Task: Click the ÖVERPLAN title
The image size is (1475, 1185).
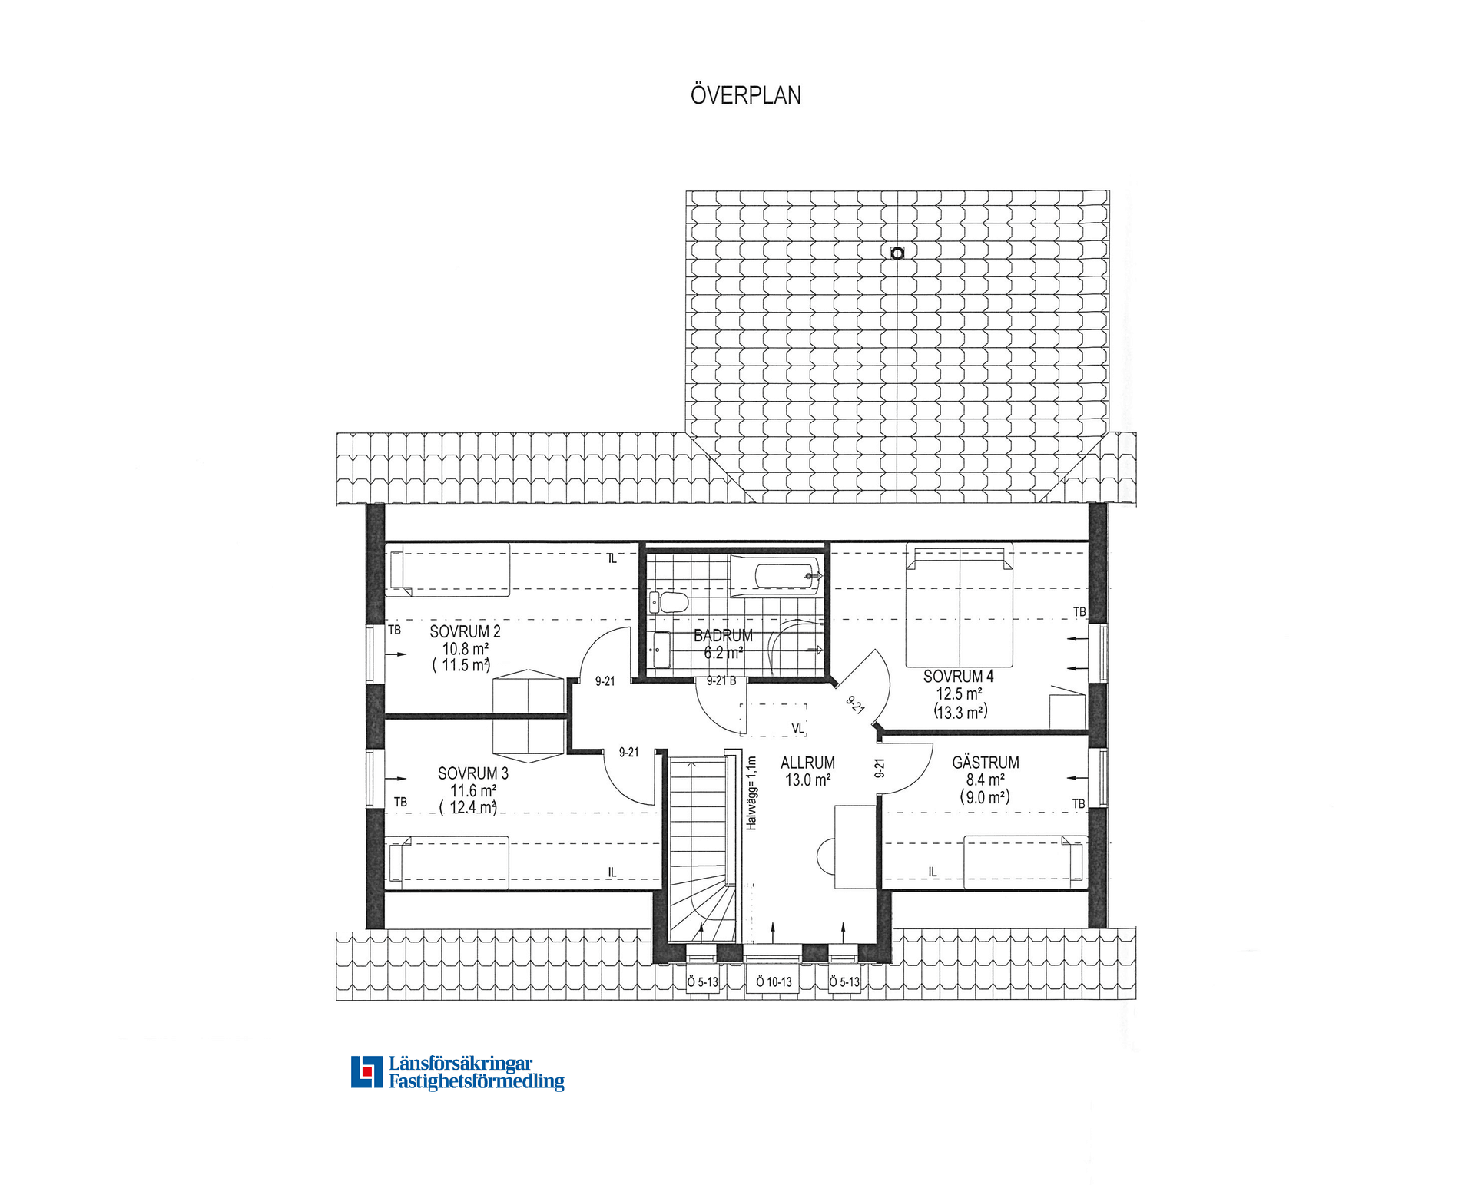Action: click(x=745, y=95)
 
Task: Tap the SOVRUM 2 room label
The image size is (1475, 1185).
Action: click(x=465, y=632)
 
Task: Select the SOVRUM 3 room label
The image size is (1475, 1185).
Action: click(x=473, y=773)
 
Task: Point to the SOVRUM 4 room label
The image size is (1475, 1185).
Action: click(x=958, y=677)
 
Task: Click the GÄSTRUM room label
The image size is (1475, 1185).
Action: click(x=986, y=763)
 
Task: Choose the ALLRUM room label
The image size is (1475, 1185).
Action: click(x=807, y=763)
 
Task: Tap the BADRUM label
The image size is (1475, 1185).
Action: click(x=723, y=636)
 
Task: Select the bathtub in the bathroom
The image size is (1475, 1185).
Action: click(x=776, y=575)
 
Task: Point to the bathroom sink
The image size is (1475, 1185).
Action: click(x=661, y=650)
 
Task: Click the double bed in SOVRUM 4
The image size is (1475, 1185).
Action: click(x=959, y=605)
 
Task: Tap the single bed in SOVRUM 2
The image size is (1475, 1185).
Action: click(x=448, y=570)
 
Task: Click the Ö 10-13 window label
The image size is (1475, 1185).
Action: click(x=774, y=981)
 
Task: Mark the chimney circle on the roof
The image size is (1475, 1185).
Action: click(x=897, y=253)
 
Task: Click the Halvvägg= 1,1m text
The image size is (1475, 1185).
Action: click(x=751, y=793)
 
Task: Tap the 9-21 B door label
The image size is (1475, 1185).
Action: click(x=721, y=680)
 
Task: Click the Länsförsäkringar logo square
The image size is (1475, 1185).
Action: click(x=366, y=1071)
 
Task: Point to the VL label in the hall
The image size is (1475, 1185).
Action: click(x=797, y=728)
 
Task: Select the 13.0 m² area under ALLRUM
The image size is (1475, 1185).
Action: click(x=807, y=780)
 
